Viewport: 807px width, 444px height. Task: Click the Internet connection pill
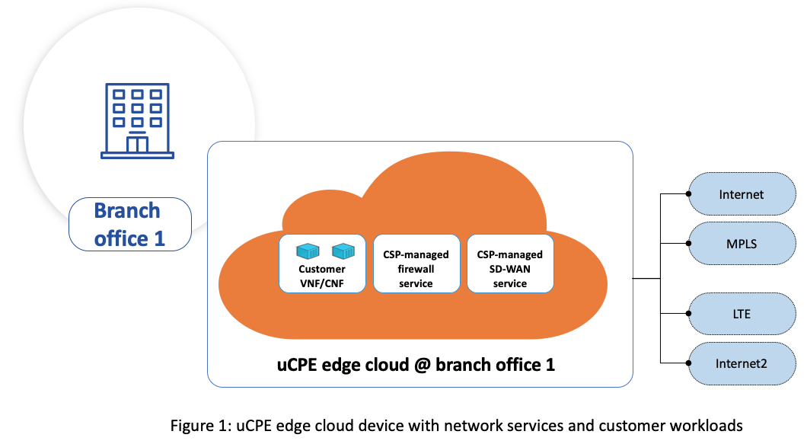[x=741, y=194]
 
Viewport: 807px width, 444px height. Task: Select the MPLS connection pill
[x=741, y=244]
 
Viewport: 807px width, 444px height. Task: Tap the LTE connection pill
[x=741, y=313]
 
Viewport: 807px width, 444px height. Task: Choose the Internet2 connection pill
[x=741, y=363]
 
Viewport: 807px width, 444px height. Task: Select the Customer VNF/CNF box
[x=322, y=264]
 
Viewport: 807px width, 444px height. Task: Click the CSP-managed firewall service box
[x=416, y=264]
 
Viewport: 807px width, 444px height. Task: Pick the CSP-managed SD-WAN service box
[x=510, y=264]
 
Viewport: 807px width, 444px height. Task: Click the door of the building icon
[x=137, y=143]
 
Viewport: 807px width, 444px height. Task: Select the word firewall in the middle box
[x=416, y=269]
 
